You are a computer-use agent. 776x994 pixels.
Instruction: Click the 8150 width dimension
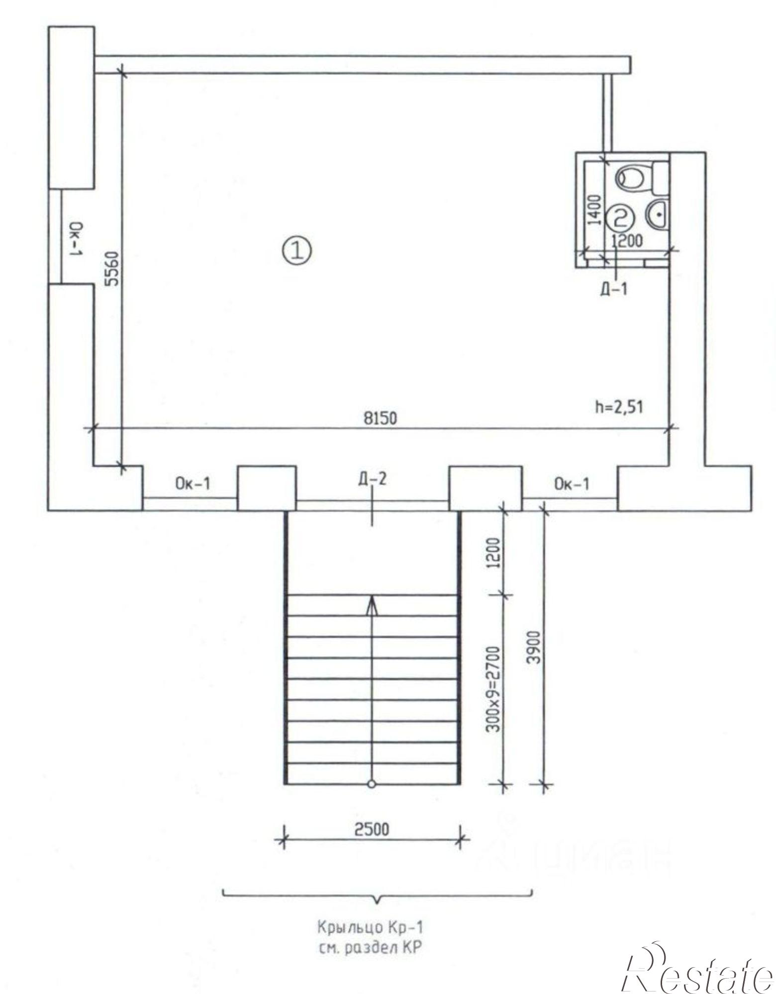(381, 418)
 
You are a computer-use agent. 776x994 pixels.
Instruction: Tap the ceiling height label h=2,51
(619, 407)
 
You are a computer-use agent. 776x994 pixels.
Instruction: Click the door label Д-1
(613, 289)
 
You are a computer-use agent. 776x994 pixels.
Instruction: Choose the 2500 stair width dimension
(372, 829)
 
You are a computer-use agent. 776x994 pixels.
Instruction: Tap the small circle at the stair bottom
(371, 784)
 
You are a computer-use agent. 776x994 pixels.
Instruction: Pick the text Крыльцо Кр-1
(371, 927)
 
